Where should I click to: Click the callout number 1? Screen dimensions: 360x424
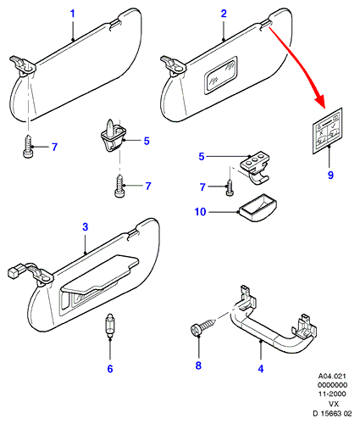pyautogui.click(x=73, y=14)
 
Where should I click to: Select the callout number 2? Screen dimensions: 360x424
pyautogui.click(x=224, y=14)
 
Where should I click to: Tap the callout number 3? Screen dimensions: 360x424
pyautogui.click(x=86, y=226)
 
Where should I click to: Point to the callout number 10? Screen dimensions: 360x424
pyautogui.click(x=201, y=212)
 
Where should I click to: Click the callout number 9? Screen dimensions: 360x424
pyautogui.click(x=330, y=175)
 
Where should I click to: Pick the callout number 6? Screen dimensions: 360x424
pyautogui.click(x=110, y=369)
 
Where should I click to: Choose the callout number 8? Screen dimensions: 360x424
pyautogui.click(x=198, y=365)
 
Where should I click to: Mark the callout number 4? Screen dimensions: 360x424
pyautogui.click(x=261, y=369)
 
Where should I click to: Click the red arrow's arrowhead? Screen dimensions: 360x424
pyautogui.click(x=320, y=103)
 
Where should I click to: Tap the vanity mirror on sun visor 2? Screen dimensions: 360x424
pyautogui.click(x=220, y=75)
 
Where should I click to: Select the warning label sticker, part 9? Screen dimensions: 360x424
pyautogui.click(x=328, y=131)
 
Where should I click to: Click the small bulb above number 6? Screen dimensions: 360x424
pyautogui.click(x=108, y=326)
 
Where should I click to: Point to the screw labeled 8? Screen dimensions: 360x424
pyautogui.click(x=203, y=326)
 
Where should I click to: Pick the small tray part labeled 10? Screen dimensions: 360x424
pyautogui.click(x=258, y=208)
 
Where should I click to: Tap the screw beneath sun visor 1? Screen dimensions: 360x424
pyautogui.click(x=28, y=146)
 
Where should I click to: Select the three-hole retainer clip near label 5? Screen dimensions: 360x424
pyautogui.click(x=255, y=168)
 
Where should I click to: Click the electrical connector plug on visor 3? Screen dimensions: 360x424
pyautogui.click(x=14, y=271)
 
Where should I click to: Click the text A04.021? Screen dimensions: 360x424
pyautogui.click(x=332, y=377)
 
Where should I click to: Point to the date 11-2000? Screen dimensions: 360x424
pyautogui.click(x=332, y=393)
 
